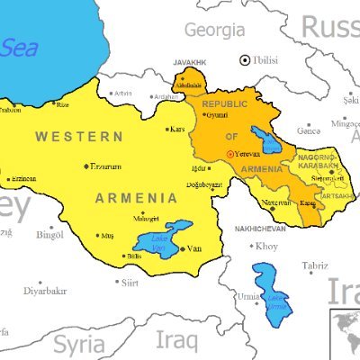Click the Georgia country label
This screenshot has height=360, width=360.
pos(214,29)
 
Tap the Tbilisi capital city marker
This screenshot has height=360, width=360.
pos(244,60)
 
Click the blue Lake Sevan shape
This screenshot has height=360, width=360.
pos(265,138)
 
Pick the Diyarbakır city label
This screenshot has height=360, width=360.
pos(45,291)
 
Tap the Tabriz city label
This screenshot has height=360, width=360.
pos(314,265)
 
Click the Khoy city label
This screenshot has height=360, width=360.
pos(267,246)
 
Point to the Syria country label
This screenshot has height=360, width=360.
pos(78,343)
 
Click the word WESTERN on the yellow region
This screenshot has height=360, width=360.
pos(79,136)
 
